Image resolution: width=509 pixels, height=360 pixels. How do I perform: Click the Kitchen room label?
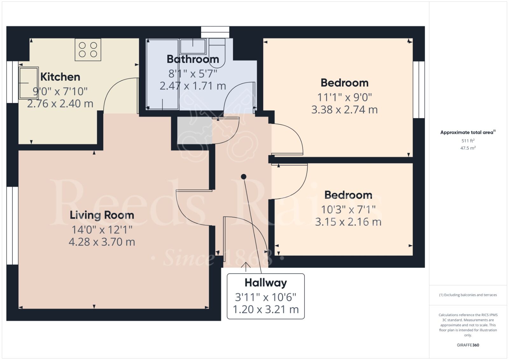[60, 77]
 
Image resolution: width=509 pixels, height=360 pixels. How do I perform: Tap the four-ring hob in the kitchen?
[88, 50]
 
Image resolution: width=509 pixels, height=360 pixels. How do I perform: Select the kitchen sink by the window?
[29, 83]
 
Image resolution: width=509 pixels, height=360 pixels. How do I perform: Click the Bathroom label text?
[193, 59]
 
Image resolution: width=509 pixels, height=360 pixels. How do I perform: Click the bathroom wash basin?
[193, 46]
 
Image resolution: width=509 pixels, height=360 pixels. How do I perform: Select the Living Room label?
[102, 215]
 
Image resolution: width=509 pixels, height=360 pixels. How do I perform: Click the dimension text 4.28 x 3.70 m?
[102, 242]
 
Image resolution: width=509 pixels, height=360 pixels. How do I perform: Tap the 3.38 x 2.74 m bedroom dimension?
[345, 110]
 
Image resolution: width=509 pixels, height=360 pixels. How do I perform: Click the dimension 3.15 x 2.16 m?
[348, 222]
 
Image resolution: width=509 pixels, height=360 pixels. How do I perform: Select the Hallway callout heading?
[266, 283]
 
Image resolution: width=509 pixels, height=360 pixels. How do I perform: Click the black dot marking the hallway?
[244, 177]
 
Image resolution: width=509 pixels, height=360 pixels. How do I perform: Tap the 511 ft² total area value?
[468, 141]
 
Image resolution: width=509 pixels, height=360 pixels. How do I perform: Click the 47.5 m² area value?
[468, 148]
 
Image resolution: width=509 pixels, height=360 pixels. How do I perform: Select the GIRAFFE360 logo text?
[468, 345]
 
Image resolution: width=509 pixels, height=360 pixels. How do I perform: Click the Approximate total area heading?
[467, 132]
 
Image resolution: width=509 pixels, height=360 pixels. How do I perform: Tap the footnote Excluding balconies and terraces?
[468, 295]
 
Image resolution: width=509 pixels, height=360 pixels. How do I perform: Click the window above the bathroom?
[215, 32]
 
